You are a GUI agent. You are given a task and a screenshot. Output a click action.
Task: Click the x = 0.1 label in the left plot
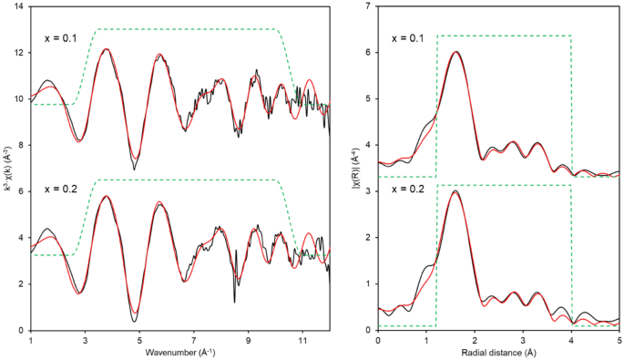pyautogui.click(x=62, y=39)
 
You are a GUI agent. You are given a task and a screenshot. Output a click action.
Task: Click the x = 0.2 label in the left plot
pyautogui.click(x=62, y=189)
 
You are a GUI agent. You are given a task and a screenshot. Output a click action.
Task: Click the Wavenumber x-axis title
pyautogui.click(x=179, y=353)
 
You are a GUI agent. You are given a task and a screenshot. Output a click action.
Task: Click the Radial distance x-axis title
pyautogui.click(x=498, y=353)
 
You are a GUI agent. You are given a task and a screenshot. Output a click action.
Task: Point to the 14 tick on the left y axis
pyautogui.click(x=19, y=7)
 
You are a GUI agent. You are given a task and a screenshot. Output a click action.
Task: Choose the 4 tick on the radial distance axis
pyautogui.click(x=571, y=340)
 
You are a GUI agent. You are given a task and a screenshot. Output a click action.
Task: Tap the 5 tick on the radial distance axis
pyautogui.click(x=619, y=340)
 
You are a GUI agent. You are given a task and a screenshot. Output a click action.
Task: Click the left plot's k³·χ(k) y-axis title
pyautogui.click(x=6, y=169)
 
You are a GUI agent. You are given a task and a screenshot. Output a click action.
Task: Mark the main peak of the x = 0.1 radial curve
pyautogui.click(x=455, y=52)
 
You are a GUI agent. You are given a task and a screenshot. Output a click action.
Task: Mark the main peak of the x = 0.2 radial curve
pyautogui.click(x=455, y=191)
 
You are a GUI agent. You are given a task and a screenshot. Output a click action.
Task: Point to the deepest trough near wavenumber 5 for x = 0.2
pyautogui.click(x=135, y=321)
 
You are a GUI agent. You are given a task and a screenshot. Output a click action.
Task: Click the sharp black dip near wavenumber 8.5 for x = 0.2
pyautogui.click(x=235, y=301)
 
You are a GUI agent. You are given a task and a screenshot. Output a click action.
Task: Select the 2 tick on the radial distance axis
pyautogui.click(x=475, y=340)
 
